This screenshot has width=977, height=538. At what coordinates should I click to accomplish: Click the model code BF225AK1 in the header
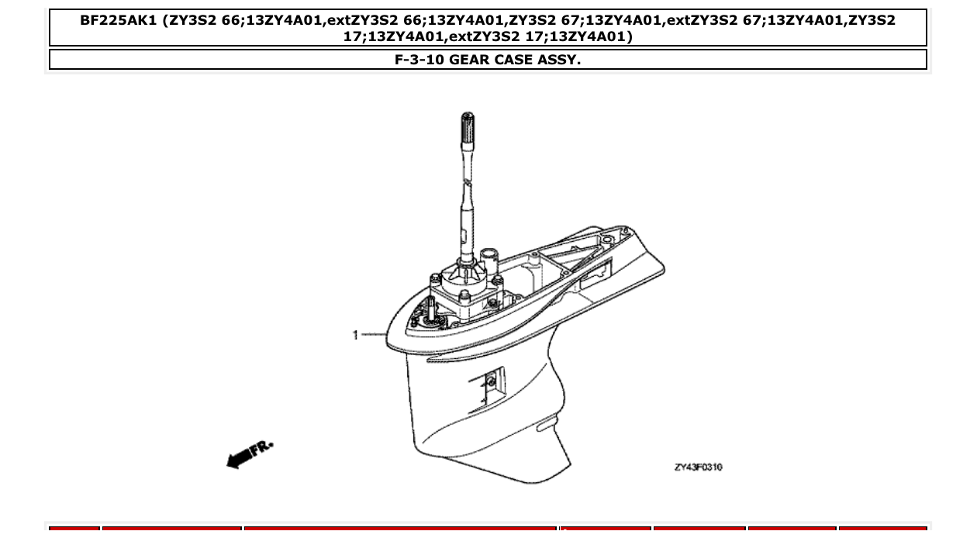tap(117, 21)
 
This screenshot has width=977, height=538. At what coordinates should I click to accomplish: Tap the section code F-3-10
tap(420, 60)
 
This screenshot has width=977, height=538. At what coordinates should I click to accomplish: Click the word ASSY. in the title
tap(558, 60)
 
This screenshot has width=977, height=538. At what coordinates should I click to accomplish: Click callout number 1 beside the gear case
tap(355, 335)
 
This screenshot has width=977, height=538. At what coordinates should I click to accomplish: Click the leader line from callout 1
tap(373, 335)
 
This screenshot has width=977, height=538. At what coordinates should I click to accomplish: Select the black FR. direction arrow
tap(240, 458)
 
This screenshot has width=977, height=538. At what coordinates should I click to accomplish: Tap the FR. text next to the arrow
tap(263, 447)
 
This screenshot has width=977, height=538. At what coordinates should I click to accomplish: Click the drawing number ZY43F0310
tap(698, 467)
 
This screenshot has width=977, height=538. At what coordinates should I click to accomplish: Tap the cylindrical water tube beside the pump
tap(488, 258)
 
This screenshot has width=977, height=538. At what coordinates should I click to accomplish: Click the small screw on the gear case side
tap(490, 380)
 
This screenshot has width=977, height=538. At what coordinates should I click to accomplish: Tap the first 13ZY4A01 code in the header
tap(281, 21)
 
